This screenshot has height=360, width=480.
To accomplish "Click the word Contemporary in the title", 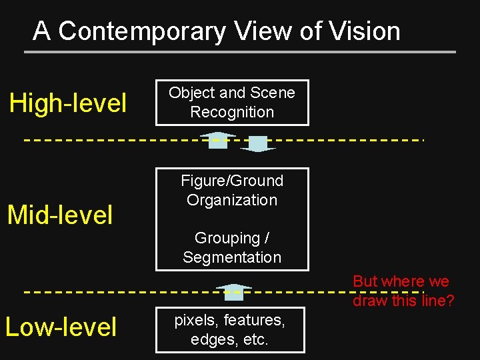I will tap(143, 31).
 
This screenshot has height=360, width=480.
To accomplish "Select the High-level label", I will tap(67, 103).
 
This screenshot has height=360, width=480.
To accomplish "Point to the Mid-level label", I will tap(60, 215).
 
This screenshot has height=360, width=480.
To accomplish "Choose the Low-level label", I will tap(61, 327).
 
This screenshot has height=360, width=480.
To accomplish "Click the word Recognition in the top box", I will tap(232, 112).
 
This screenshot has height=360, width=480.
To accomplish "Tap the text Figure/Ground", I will tap(232, 181).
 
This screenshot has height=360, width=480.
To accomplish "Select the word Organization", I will tap(232, 200).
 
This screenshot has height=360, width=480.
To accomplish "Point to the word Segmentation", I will tap(232, 257).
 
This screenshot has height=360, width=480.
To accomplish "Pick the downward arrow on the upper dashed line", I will tap(257, 144).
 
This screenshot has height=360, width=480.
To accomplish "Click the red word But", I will tap(365, 281).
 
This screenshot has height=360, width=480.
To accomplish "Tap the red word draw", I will tap(368, 301).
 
